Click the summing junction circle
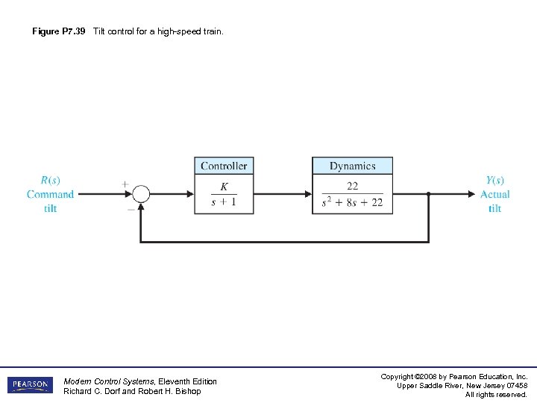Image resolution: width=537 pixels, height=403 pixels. pos(141,194)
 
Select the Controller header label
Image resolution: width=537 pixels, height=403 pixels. pos(224,166)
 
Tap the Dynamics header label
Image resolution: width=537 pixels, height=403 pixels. pos(352,166)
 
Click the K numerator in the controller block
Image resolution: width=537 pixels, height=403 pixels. pos(224,187)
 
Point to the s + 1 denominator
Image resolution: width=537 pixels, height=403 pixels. pos(224,202)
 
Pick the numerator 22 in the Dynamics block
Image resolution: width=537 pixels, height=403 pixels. pos(352,187)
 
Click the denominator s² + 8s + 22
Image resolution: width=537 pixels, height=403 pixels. pos(352,202)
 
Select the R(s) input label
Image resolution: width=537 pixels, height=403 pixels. pos(50,180)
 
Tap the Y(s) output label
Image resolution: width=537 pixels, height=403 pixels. pos(494,180)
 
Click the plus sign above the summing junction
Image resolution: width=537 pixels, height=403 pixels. pos(125,183)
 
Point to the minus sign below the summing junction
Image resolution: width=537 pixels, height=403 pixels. pos(131,210)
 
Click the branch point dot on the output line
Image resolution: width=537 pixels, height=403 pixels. pos(429,194)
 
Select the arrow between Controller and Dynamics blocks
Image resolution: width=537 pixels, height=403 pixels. pos(283,194)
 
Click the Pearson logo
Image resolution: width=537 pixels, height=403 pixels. pos(30,385)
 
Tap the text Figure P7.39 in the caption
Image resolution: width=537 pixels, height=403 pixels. pos(59,31)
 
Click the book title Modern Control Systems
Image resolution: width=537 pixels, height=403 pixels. pos(110,381)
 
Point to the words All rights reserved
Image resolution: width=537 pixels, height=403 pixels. pos(496,395)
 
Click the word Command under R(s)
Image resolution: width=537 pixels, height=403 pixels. pos(50,194)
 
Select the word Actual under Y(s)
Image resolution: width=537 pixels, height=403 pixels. pos(494,194)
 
